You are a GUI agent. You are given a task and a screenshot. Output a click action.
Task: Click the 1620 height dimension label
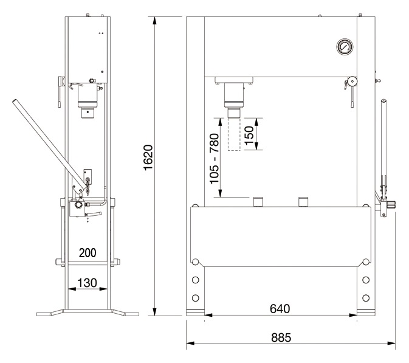tap(148, 157)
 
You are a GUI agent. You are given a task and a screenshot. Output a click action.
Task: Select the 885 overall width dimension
tap(281, 337)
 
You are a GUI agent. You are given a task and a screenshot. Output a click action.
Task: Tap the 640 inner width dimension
tap(280, 309)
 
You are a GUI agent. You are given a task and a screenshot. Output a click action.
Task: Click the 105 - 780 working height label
tap(215, 159)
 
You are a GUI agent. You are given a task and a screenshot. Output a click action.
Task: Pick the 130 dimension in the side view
tap(87, 283)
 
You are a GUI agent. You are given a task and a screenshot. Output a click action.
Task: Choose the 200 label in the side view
tap(88, 252)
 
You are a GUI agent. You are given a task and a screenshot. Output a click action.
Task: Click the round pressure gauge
tap(345, 47)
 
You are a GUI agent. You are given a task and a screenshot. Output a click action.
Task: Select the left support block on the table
tap(258, 202)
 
